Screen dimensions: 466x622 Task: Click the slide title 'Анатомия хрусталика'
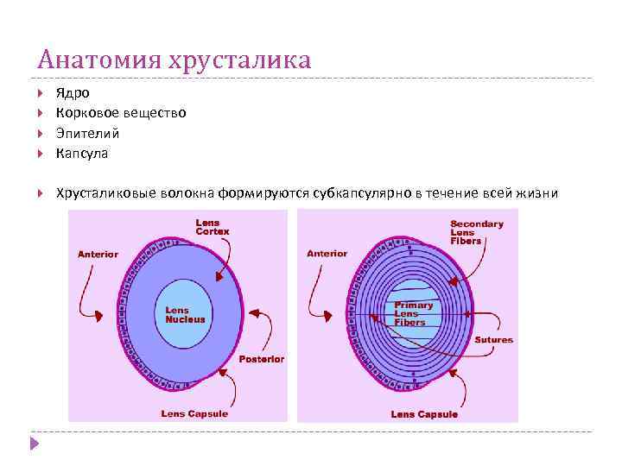pos(174,60)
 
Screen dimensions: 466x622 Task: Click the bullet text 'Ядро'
pos(73,92)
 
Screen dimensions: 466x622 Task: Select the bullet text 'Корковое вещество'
pos(121,113)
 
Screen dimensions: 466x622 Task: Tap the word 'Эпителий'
pos(88,134)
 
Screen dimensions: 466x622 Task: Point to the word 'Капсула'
pos(82,154)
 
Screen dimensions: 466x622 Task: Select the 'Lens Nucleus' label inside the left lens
pos(185,315)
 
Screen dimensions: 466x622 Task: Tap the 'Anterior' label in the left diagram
pos(98,255)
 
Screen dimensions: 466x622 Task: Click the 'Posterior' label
pos(262,359)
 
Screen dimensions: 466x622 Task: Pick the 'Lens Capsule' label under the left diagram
pos(195,413)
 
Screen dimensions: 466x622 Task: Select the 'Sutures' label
pos(494,340)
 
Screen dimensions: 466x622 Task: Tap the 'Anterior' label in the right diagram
pos(327,254)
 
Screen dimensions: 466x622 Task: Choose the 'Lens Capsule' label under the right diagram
pos(425,414)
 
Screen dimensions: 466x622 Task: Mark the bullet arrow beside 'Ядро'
pos(42,92)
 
